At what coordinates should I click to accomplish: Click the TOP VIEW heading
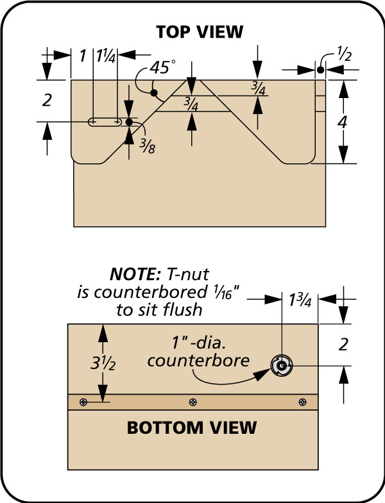pyautogui.click(x=193, y=33)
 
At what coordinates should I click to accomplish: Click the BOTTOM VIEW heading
pyautogui.click(x=193, y=427)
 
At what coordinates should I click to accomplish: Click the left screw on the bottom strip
pyautogui.click(x=83, y=402)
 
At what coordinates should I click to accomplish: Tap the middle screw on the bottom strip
pyautogui.click(x=193, y=402)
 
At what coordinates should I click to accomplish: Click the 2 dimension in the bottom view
pyautogui.click(x=343, y=345)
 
